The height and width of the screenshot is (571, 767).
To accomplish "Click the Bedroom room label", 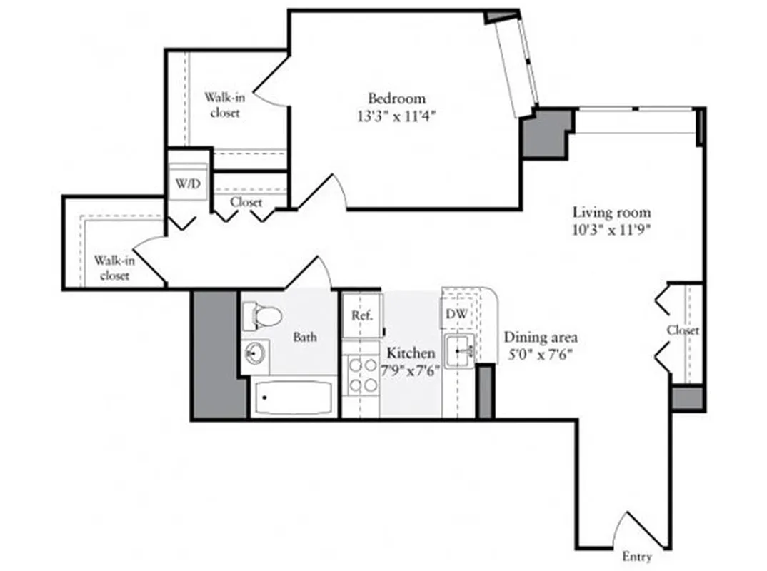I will click(396, 98).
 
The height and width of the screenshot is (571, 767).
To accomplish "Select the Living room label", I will click(612, 213).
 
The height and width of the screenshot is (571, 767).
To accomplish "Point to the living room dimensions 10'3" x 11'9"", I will click(613, 230).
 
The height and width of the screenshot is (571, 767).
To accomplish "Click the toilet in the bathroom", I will click(260, 315).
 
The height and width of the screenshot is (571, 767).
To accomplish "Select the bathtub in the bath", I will click(293, 398).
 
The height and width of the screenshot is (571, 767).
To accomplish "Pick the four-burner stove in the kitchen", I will click(361, 375).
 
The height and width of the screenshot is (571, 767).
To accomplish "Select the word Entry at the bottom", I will click(636, 557).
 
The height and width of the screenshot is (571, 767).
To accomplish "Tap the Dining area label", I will click(541, 338).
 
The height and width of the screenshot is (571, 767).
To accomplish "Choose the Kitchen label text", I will click(411, 353).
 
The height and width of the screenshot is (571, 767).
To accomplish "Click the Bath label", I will click(305, 337).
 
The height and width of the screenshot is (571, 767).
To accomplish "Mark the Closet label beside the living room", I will click(683, 330).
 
